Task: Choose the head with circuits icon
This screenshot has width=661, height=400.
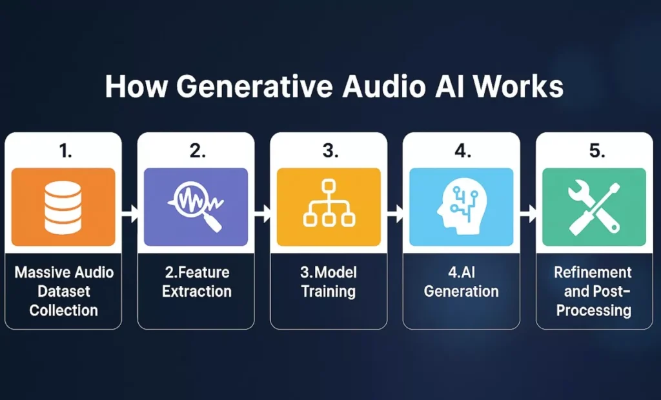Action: point(460,206)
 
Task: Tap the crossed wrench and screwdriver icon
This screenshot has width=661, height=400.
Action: point(594,206)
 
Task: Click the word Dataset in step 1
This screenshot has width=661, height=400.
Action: point(63,291)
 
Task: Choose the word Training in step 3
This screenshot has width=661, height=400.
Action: point(329,291)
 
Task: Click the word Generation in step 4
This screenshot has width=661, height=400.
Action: point(461,291)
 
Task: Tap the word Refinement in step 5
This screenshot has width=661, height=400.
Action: point(593,272)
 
